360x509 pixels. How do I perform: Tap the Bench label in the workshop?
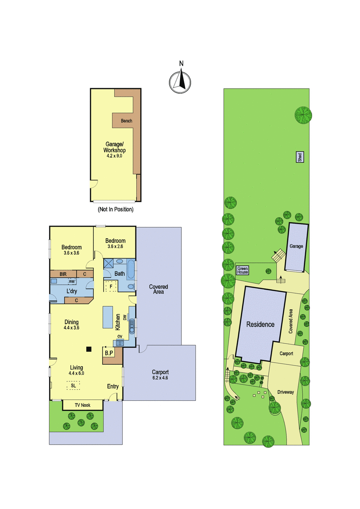(127, 120)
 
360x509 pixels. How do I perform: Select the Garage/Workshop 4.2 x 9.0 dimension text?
(115, 156)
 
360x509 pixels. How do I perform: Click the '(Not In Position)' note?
(115, 209)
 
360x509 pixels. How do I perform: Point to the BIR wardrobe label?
(63, 274)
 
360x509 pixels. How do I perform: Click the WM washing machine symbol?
(72, 282)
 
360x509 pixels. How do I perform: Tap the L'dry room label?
(72, 291)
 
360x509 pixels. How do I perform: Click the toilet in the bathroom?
(131, 287)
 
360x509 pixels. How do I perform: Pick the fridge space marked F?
(111, 286)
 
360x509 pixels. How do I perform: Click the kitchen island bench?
(108, 317)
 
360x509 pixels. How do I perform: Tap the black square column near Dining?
(89, 349)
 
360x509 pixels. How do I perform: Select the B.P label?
(109, 353)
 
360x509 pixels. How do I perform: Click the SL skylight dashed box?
(73, 386)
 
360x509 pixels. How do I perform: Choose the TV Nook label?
(82, 405)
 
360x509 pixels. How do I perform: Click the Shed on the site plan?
(300, 157)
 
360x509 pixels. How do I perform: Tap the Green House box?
(242, 270)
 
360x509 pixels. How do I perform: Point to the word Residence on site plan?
(260, 324)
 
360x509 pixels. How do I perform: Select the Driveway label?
(286, 392)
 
